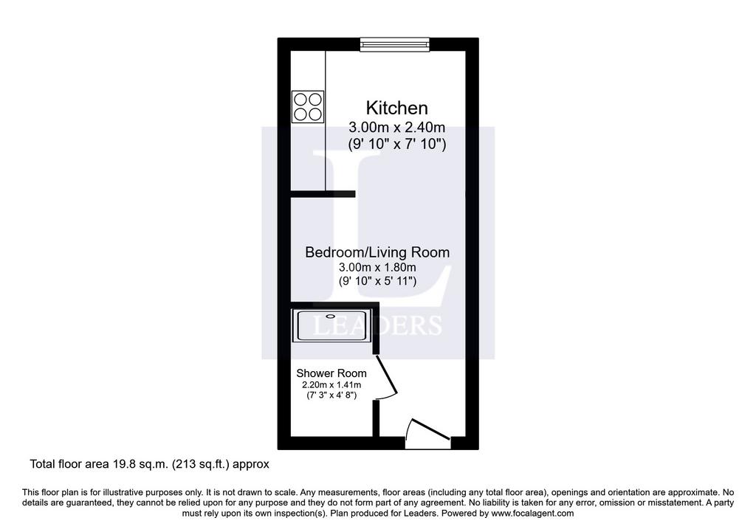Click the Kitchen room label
[x=396, y=108]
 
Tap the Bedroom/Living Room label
[x=377, y=252]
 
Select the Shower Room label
[x=331, y=373]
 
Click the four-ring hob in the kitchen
[x=308, y=106]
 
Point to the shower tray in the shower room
[x=331, y=325]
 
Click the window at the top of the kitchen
[x=395, y=44]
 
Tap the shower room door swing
[x=386, y=377]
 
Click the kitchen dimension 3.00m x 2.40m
[x=396, y=128]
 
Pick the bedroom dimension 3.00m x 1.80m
[x=377, y=267]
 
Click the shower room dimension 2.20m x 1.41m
[x=331, y=385]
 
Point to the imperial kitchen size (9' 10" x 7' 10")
[x=396, y=144]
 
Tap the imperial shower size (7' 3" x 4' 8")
[x=331, y=395]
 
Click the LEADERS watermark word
[x=377, y=325]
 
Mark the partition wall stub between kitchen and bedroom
[x=323, y=194]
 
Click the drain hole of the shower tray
[x=331, y=317]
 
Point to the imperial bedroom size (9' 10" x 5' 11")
[x=377, y=281]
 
